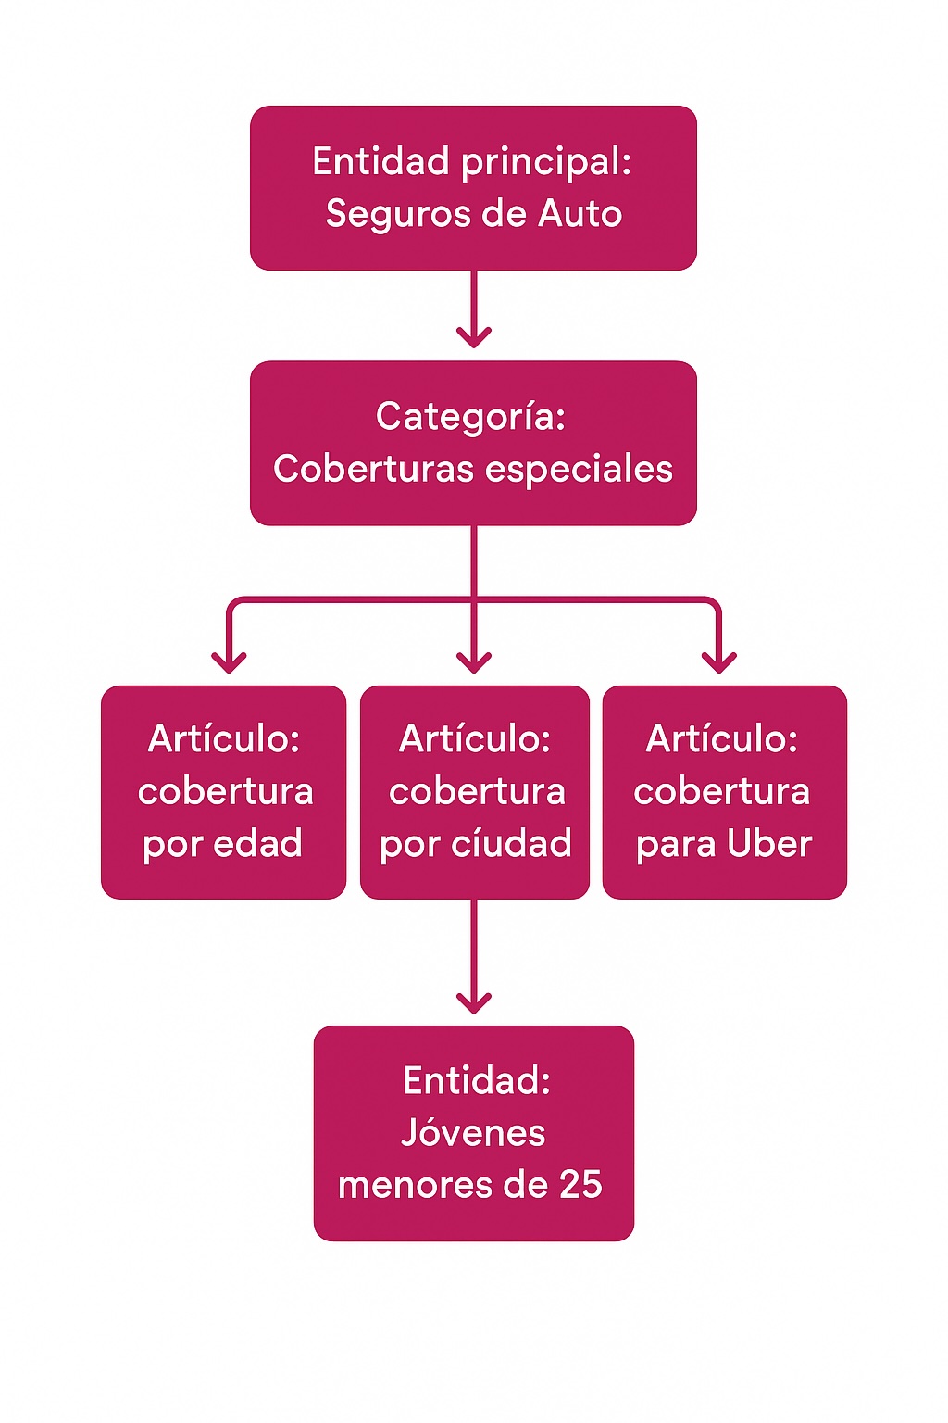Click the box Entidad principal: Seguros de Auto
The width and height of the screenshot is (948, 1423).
(473, 188)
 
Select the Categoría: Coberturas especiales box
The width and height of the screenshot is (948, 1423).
(473, 443)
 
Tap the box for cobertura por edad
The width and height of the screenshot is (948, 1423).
(223, 792)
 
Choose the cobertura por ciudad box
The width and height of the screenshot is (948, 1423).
(474, 792)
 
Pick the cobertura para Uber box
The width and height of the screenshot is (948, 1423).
(725, 792)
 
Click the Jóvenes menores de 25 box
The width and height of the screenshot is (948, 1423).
(474, 1133)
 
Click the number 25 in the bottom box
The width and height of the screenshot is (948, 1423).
(580, 1185)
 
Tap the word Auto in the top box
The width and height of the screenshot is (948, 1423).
(580, 213)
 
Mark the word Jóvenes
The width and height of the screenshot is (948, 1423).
(473, 1133)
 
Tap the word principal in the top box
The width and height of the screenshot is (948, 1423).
(546, 163)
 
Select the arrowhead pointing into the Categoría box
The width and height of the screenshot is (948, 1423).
(474, 337)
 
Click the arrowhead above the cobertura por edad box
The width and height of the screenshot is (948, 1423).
(229, 662)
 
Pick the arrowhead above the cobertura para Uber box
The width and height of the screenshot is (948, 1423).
(718, 662)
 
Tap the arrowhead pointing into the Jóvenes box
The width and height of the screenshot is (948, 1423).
(474, 1003)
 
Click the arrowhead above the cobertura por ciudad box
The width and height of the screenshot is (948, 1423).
(474, 662)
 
